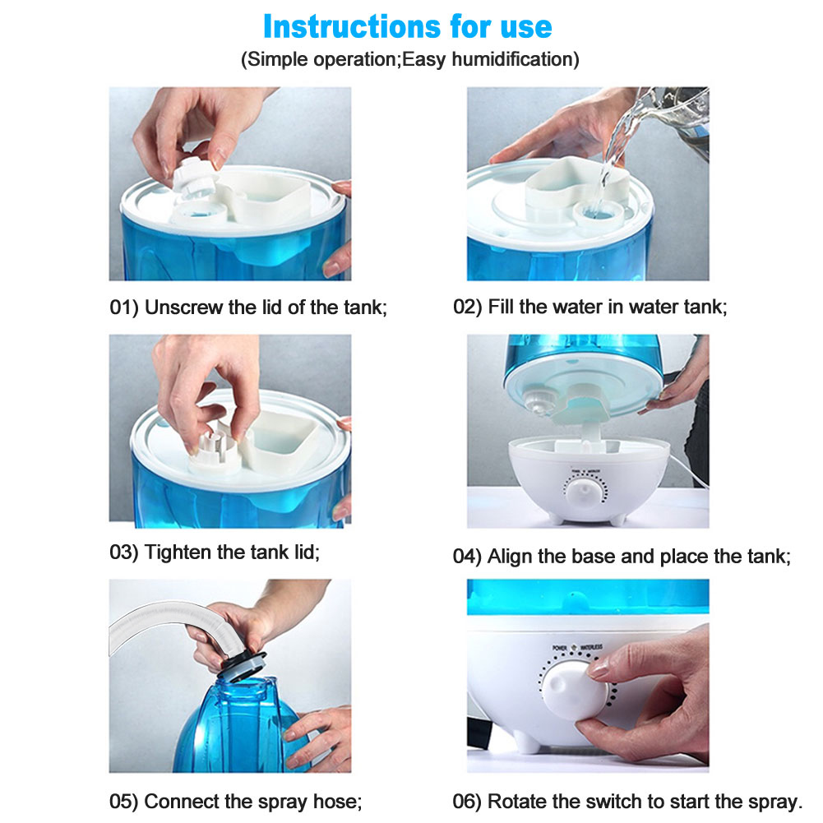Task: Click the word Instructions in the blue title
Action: pyautogui.click(x=352, y=27)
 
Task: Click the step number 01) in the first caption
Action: pyautogui.click(x=124, y=307)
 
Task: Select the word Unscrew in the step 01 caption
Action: pyautogui.click(x=183, y=307)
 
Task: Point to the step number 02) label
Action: pyautogui.click(x=467, y=307)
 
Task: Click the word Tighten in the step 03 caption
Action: pyautogui.click(x=178, y=553)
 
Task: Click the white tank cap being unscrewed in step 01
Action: pyautogui.click(x=194, y=176)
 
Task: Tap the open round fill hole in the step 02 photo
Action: pyautogui.click(x=599, y=214)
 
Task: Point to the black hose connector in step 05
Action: pyautogui.click(x=242, y=665)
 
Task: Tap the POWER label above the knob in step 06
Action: pyautogui.click(x=560, y=648)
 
